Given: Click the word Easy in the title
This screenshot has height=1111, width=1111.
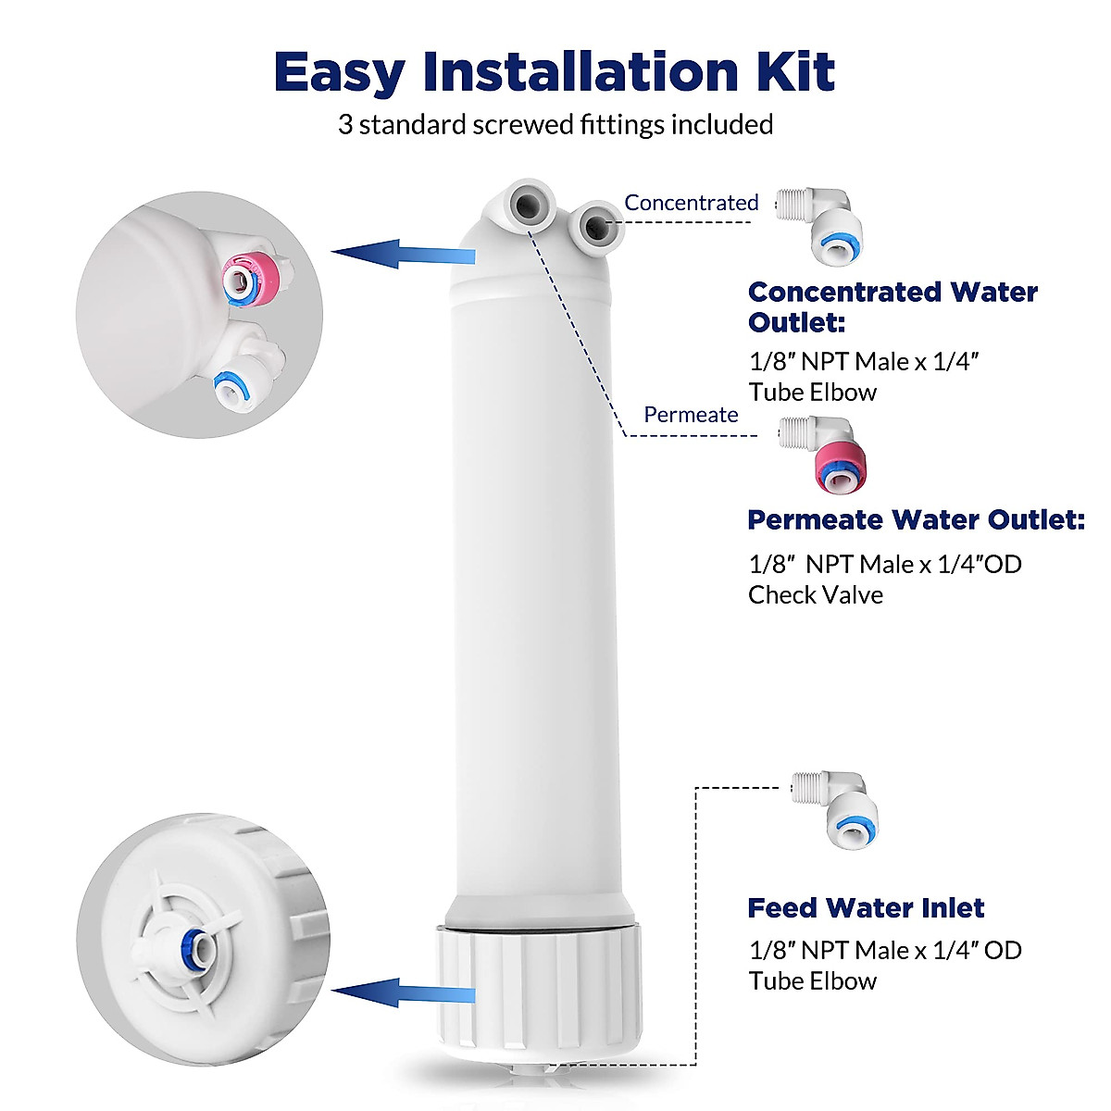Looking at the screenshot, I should [x=340, y=71].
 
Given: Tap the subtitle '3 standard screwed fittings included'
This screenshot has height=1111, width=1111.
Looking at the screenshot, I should [x=555, y=124].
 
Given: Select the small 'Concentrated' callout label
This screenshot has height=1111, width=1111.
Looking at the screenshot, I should [x=691, y=203].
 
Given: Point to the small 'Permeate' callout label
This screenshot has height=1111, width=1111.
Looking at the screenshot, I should [x=691, y=415].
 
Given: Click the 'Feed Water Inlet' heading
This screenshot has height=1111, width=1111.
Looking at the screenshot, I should [x=866, y=908].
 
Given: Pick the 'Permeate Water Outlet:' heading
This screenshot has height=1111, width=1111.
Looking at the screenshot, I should [x=916, y=519].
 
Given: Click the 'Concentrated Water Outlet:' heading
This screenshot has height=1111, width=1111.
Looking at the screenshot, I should [x=893, y=306].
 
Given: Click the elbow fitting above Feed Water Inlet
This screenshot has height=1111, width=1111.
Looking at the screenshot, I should [x=833, y=807].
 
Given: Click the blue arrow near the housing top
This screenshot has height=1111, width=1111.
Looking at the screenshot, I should [x=404, y=252].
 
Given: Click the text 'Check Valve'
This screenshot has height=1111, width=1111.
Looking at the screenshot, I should [x=815, y=594].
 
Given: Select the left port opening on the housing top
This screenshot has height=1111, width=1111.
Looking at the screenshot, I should [x=527, y=204].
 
